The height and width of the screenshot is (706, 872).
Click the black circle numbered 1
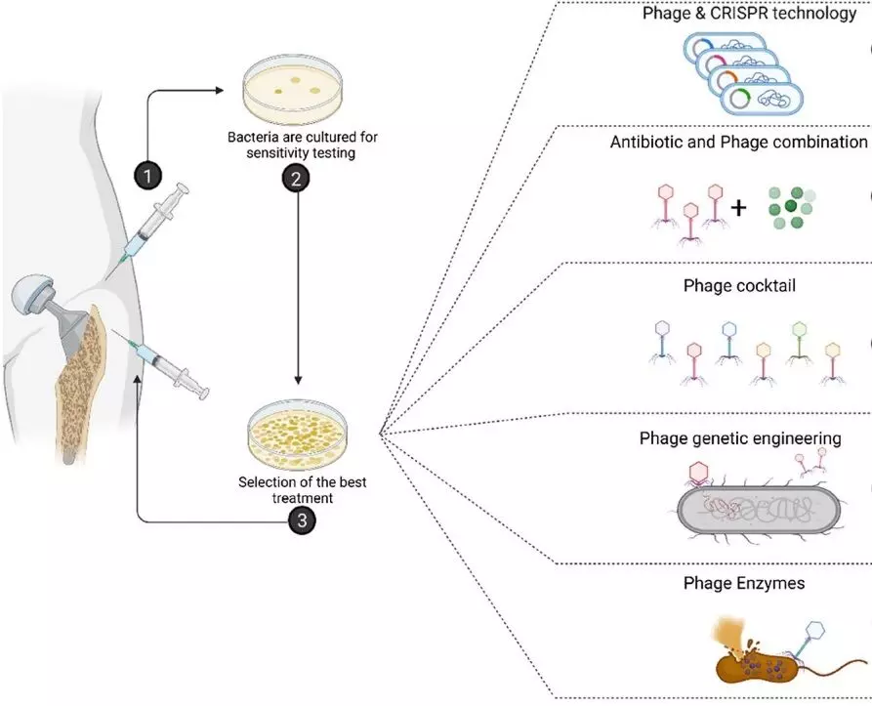tap(146, 177)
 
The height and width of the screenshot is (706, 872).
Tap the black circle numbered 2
tap(295, 179)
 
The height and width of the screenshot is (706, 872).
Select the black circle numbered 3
tap(302, 521)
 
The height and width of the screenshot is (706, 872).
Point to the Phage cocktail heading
tap(738, 288)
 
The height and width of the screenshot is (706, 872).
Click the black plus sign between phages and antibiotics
tap(738, 207)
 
